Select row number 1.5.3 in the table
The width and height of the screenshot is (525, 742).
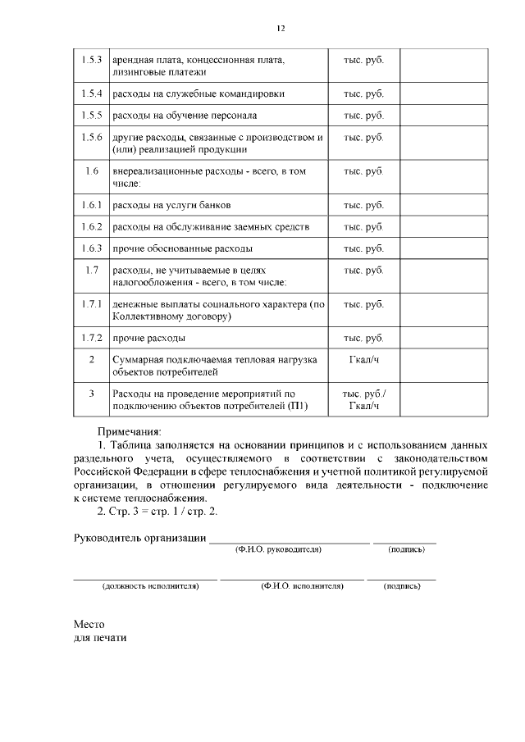(92, 61)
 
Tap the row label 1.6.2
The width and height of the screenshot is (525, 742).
(92, 226)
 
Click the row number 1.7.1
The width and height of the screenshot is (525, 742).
(92, 304)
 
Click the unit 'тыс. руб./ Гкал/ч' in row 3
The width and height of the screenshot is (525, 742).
(363, 399)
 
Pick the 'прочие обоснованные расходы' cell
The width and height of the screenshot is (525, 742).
(182, 248)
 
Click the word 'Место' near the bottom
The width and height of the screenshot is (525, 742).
(89, 623)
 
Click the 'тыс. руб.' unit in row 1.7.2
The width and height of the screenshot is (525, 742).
(363, 338)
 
